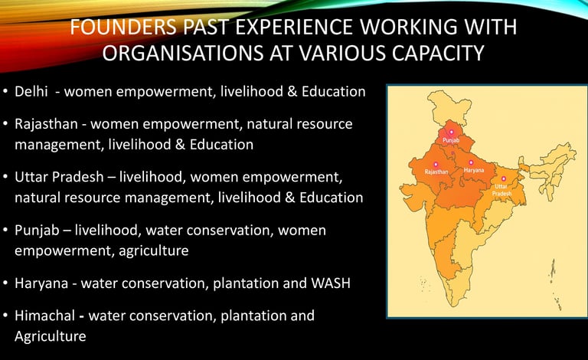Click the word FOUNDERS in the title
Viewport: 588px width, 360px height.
click(x=123, y=27)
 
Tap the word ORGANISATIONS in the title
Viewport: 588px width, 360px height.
click(x=183, y=53)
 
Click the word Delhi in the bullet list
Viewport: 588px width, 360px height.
click(x=31, y=91)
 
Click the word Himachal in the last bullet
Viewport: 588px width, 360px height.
click(x=44, y=316)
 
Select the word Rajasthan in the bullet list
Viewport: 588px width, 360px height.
click(x=46, y=124)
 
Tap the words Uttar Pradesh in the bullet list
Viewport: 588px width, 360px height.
click(x=59, y=177)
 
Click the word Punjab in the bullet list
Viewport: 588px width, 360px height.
click(x=37, y=231)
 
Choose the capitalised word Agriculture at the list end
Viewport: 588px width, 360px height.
click(x=51, y=336)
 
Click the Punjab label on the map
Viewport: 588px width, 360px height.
click(x=451, y=140)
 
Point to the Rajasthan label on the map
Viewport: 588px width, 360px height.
click(x=436, y=172)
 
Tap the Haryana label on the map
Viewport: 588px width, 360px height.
click(x=474, y=170)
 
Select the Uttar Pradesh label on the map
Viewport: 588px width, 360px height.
click(x=501, y=190)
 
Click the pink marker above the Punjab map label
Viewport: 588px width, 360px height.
click(x=451, y=132)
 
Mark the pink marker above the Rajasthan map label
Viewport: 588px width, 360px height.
click(x=436, y=164)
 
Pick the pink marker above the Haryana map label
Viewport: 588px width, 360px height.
click(x=471, y=162)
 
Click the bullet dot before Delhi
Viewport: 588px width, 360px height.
click(x=5, y=91)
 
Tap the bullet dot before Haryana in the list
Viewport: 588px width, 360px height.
click(x=5, y=283)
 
